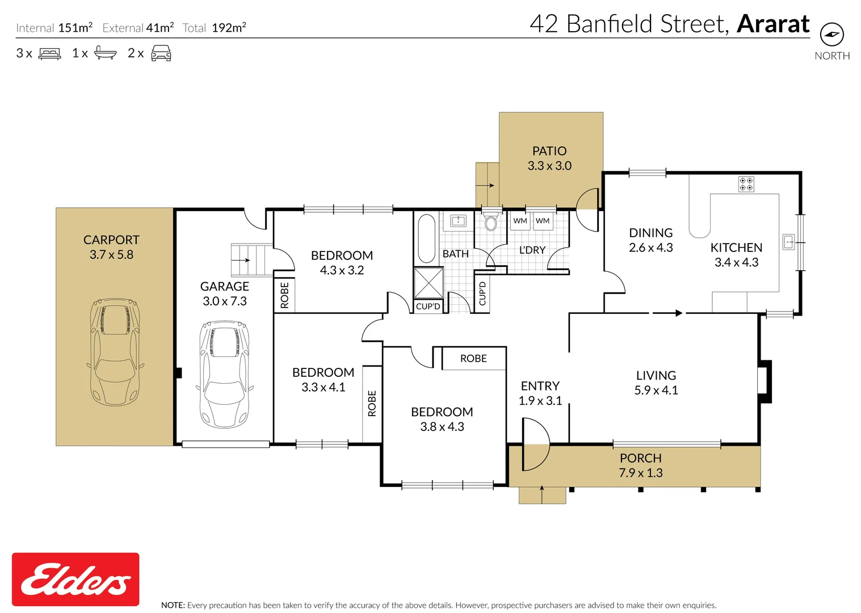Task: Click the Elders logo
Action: (75, 579)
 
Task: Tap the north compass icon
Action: (831, 35)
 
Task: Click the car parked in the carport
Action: (115, 351)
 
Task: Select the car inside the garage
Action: (224, 374)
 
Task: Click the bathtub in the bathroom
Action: (426, 238)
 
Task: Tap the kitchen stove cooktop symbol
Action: (746, 184)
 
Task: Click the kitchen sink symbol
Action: (788, 242)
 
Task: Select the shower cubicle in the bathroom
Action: (429, 283)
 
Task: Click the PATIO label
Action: (549, 151)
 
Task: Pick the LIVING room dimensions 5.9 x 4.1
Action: (656, 391)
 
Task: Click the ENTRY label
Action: (540, 386)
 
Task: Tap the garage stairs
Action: (251, 260)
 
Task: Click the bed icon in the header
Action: (49, 54)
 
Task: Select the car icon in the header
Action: (161, 53)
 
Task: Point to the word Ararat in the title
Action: (773, 24)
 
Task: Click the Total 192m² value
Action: (229, 28)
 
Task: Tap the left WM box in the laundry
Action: (520, 221)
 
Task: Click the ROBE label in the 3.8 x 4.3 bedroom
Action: (473, 359)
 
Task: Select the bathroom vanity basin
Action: (458, 221)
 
